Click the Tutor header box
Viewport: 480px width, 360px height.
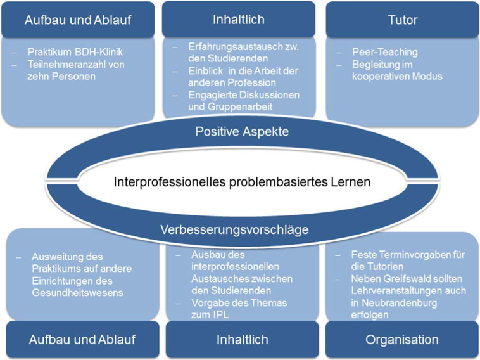402,20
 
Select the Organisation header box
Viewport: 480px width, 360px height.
401,340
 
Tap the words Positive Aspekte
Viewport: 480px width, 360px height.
242,131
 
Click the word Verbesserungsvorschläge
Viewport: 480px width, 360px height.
234,229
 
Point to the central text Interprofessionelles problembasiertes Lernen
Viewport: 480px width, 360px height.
242,182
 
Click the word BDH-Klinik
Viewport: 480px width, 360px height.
99,52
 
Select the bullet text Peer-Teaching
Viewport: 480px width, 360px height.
385,52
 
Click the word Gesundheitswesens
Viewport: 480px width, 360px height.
77,293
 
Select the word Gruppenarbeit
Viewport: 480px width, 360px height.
240,106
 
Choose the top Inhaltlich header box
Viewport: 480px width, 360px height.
239,19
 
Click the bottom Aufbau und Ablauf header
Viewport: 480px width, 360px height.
82,340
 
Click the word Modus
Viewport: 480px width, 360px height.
427,76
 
